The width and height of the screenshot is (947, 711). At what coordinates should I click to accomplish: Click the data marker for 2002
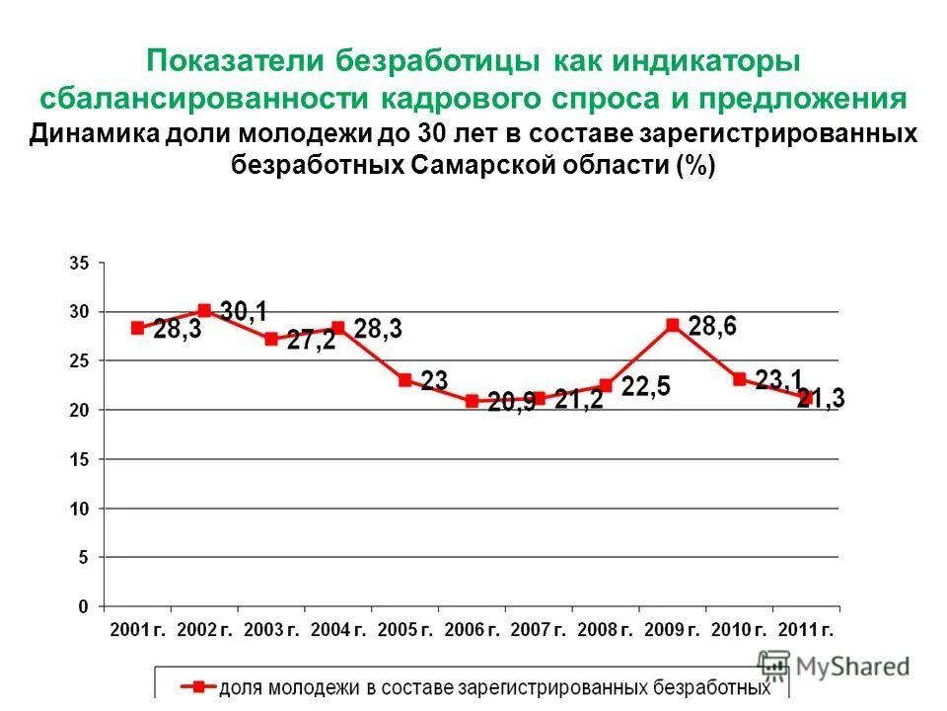point(204,310)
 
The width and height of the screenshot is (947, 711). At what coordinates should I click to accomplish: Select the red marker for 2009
point(673,324)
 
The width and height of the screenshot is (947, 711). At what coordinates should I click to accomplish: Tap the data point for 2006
point(472,401)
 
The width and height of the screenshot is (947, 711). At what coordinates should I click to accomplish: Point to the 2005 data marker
point(405,379)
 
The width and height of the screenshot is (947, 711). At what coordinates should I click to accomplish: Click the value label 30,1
point(243,312)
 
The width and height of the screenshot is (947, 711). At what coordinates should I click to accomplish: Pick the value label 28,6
point(712,326)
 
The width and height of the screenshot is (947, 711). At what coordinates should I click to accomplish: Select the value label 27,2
point(311,341)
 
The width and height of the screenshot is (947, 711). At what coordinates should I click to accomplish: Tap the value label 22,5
point(646,386)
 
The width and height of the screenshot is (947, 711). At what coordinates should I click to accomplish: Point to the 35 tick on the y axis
point(79,264)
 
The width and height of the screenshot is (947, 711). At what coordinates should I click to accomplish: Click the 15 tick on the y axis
point(79,459)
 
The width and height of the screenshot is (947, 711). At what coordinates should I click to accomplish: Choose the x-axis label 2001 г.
point(137,629)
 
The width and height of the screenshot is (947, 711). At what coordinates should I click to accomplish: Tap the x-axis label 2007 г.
point(539,629)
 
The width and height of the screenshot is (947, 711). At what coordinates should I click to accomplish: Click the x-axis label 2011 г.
point(806,629)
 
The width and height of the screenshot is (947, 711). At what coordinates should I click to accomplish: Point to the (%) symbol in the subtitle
point(695,165)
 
